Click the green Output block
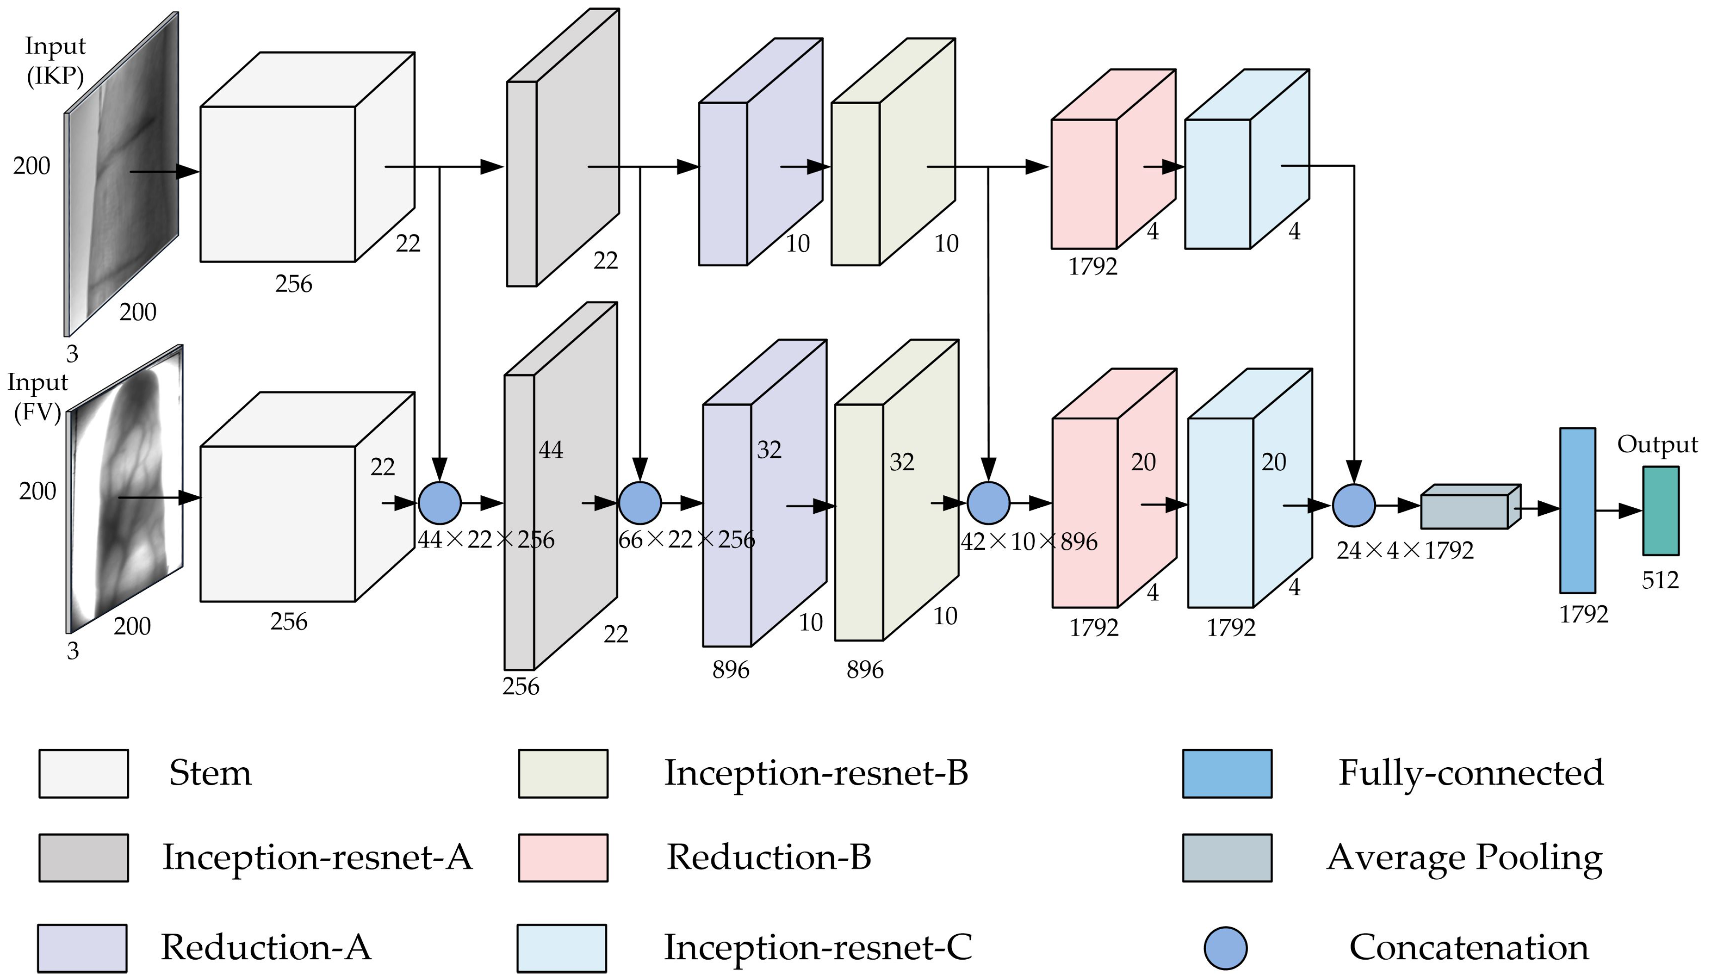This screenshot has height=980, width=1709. (1660, 511)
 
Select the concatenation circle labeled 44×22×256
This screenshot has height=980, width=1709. (440, 503)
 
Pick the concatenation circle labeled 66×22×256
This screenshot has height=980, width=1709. (640, 503)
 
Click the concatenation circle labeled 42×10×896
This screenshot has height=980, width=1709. (988, 503)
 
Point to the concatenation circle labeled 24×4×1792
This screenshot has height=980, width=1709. (1354, 505)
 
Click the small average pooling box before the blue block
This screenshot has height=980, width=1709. (1465, 511)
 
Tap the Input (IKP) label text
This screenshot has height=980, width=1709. (55, 61)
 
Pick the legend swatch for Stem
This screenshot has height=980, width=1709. (83, 774)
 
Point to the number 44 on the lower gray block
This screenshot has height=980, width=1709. (550, 450)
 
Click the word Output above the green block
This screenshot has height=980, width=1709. (1657, 444)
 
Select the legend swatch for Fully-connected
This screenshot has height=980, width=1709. (1227, 774)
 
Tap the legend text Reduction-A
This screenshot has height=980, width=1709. (266, 948)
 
